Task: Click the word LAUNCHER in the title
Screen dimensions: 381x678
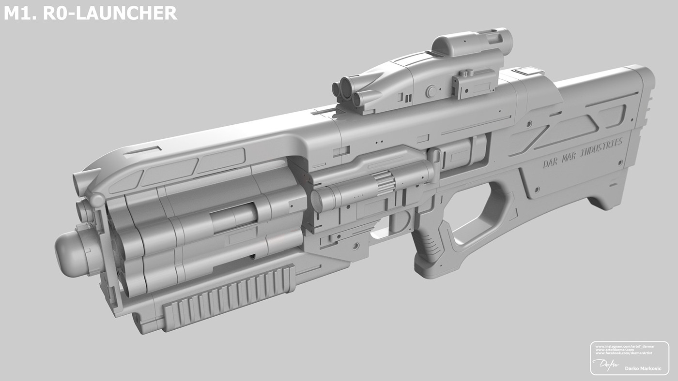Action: (128, 13)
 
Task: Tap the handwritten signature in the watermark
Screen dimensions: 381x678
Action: (603, 364)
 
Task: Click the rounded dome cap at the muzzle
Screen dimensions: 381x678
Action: (70, 254)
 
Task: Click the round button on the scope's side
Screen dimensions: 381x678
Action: (431, 91)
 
